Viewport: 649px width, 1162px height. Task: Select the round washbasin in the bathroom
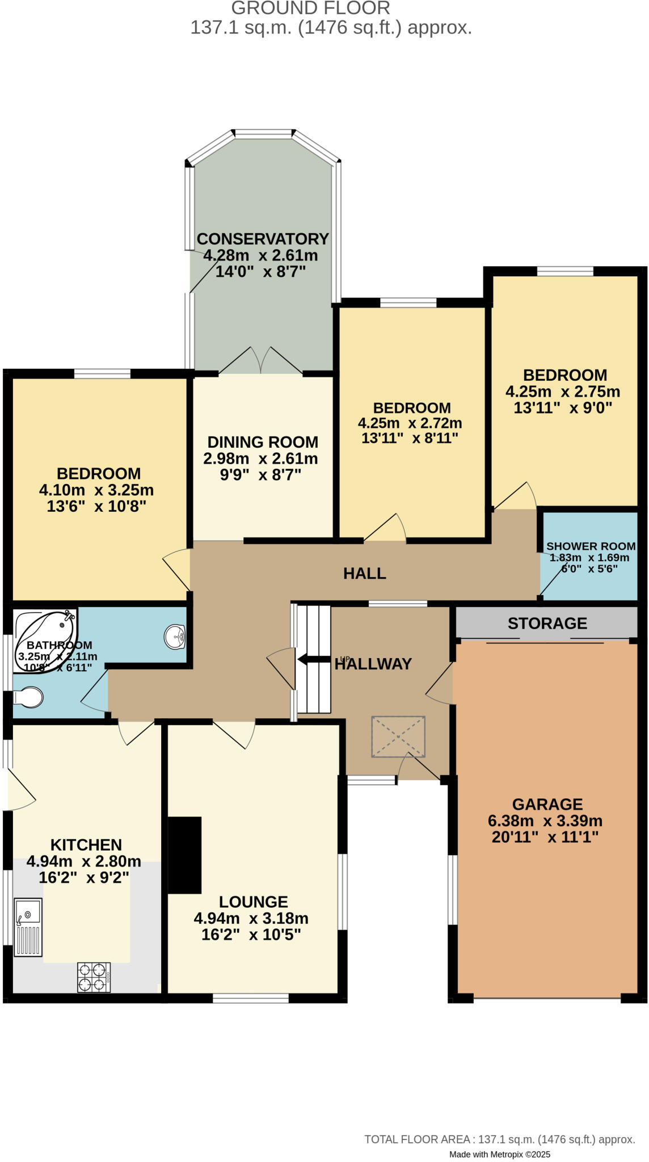175,636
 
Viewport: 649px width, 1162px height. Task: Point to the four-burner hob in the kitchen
94,977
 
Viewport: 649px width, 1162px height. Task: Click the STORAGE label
547,624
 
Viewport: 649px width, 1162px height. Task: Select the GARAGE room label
547,804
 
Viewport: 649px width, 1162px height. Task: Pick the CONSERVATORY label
263,239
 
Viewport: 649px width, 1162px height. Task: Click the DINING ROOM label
263,442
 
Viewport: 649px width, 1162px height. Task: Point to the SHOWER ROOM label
591,546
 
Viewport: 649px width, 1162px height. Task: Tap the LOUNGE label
253,902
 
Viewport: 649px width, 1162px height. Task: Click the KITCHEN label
86,845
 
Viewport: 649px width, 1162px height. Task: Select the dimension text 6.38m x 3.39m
545,821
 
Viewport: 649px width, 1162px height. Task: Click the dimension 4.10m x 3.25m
96,490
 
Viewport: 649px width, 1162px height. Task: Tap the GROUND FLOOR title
310,9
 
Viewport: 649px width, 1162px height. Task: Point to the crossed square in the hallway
398,736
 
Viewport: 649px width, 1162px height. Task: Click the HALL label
364,574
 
